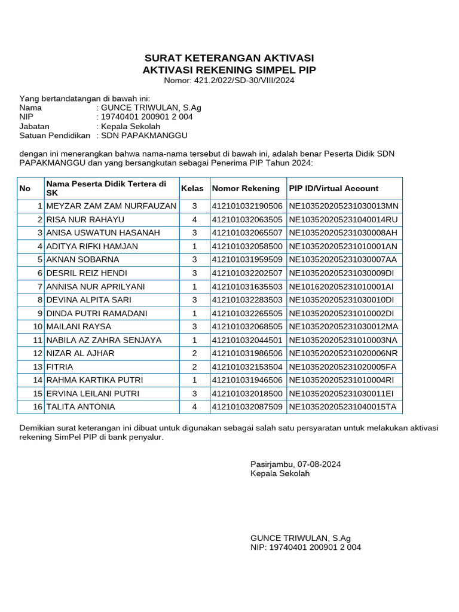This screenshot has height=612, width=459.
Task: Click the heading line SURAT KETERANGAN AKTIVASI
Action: [229, 58]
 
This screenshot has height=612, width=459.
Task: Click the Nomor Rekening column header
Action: [246, 188]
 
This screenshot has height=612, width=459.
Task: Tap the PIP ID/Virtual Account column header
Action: [333, 188]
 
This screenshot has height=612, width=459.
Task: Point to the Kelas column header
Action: [192, 188]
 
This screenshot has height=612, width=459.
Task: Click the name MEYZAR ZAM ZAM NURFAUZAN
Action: [111, 206]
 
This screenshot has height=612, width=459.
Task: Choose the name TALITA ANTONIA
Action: [80, 407]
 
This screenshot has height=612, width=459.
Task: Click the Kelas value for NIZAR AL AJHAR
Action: [194, 353]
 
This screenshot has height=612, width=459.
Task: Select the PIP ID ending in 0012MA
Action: [343, 326]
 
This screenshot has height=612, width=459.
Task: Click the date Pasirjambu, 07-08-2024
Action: [295, 464]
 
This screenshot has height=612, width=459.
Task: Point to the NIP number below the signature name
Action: [315, 547]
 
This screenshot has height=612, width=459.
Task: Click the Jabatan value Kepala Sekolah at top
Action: [130, 126]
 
